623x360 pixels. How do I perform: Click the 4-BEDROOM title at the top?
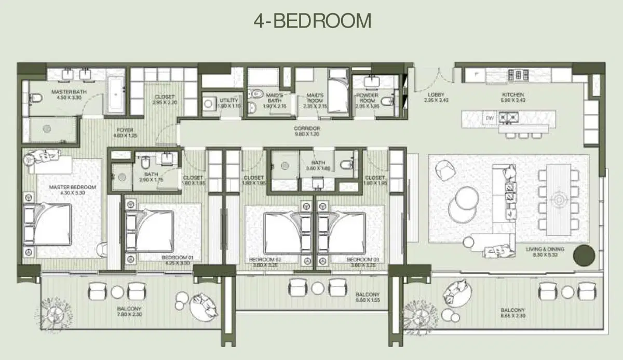(312, 21)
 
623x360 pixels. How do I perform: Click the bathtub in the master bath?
(116, 96)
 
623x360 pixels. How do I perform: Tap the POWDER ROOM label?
(368, 98)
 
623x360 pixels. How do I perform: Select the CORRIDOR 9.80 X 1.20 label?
(306, 131)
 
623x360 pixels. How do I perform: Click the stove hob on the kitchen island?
(507, 118)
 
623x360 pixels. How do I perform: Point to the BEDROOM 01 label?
(177, 260)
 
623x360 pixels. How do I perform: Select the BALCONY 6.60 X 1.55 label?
(368, 297)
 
